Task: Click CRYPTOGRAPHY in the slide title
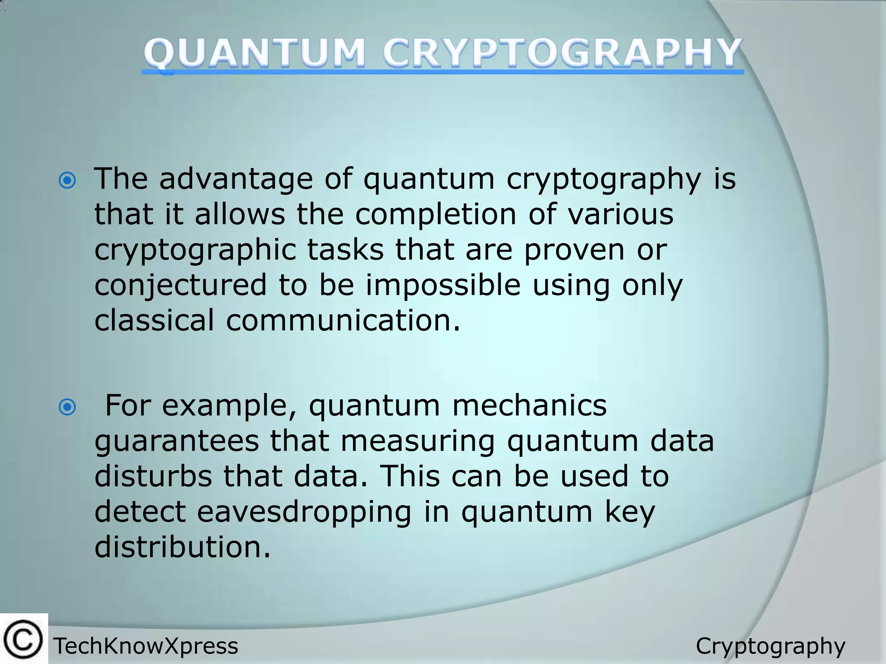click(562, 54)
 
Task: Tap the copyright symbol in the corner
click(23, 639)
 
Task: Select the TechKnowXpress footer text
click(146, 646)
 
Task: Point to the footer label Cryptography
click(770, 646)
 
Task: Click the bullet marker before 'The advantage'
click(67, 181)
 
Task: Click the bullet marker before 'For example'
click(67, 407)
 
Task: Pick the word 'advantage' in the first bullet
click(236, 179)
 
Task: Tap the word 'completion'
click(436, 214)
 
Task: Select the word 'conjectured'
click(180, 285)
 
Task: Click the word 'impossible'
click(443, 285)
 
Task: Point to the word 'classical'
click(154, 320)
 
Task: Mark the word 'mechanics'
click(529, 405)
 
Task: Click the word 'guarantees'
click(177, 442)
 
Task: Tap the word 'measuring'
click(417, 442)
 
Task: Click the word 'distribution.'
click(182, 547)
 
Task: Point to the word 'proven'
click(574, 250)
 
